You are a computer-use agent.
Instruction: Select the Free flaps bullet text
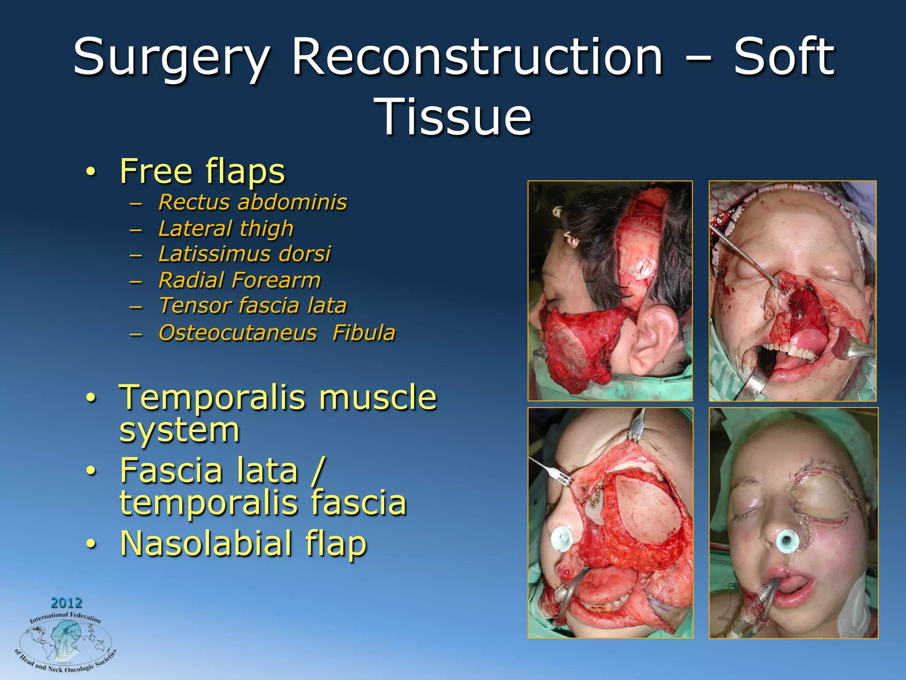coord(202,171)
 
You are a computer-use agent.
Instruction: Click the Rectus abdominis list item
coord(252,202)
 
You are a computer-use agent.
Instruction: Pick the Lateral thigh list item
coord(226,228)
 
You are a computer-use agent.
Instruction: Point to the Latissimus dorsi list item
coord(244,254)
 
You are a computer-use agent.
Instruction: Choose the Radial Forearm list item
coord(239,280)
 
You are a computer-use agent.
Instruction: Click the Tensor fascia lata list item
coord(252,306)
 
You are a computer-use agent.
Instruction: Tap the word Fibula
coord(364,333)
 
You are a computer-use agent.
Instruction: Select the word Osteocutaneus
coord(238,333)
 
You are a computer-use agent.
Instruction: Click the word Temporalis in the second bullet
coord(212,397)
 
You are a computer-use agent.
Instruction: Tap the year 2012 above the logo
coord(66,603)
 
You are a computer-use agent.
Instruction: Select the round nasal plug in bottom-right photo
coord(787,541)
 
